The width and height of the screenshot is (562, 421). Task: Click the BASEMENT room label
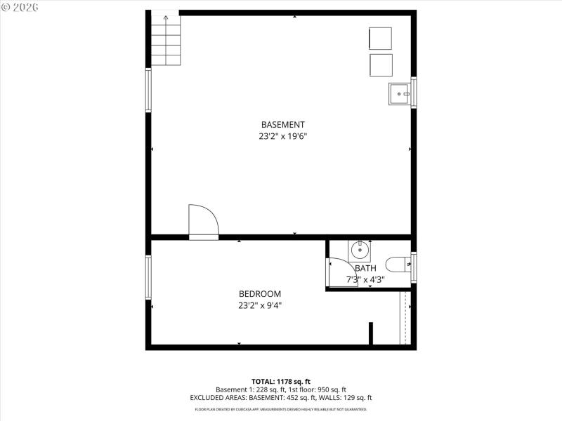[282, 125]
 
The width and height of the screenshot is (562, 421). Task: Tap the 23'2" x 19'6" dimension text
[282, 137]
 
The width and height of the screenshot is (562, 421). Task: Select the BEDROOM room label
[260, 294]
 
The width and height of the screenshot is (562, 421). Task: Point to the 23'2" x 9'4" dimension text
[260, 305]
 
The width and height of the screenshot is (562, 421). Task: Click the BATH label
[365, 268]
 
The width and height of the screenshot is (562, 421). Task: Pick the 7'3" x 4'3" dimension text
[365, 279]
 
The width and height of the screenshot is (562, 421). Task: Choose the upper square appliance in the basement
[381, 39]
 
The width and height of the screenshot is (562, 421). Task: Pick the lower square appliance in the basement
[381, 65]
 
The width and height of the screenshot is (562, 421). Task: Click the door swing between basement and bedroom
[203, 221]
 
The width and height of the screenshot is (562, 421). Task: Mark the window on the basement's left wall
[148, 89]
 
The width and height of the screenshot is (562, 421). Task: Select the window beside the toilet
[414, 266]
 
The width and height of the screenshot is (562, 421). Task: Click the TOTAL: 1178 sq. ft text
[280, 382]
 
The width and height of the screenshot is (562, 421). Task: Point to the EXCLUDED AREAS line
[280, 398]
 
